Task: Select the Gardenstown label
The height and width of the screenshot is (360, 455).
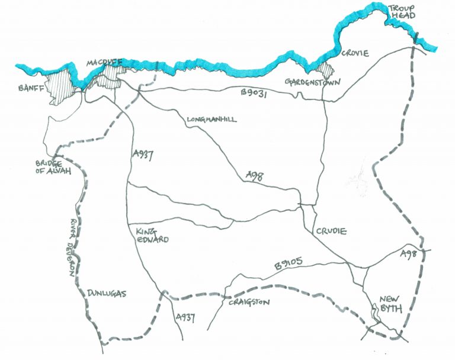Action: pyautogui.click(x=312, y=81)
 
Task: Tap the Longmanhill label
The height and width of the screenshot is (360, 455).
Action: pyautogui.click(x=212, y=120)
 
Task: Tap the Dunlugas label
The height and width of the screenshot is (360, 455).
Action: pyautogui.click(x=107, y=293)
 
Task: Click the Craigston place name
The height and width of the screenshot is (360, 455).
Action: pyautogui.click(x=249, y=303)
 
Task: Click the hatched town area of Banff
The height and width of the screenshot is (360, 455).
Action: pyautogui.click(x=59, y=86)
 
